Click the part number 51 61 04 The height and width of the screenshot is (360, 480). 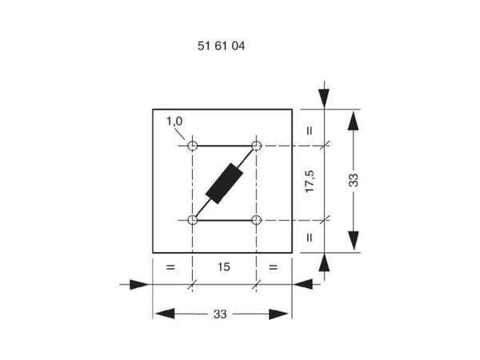(221, 46)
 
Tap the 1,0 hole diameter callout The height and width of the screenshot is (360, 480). (174, 122)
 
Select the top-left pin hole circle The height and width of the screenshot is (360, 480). (192, 146)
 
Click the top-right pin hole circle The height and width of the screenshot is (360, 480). (256, 146)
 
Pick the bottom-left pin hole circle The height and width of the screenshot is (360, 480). (192, 220)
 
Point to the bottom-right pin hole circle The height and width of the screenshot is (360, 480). (256, 220)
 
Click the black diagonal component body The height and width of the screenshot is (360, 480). (224, 183)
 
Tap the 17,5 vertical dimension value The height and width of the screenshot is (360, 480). (310, 182)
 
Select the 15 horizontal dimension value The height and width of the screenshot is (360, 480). (224, 267)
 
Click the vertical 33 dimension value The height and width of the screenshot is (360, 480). (354, 180)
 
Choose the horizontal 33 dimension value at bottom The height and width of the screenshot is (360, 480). (220, 314)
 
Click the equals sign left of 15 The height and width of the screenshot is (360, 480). (170, 267)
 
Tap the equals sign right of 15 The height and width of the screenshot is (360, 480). (273, 267)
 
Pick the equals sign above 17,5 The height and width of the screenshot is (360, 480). (310, 130)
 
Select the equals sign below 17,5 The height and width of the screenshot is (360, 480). (310, 238)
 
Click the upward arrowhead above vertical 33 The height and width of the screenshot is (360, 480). (354, 122)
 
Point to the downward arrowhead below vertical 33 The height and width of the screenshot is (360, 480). (354, 241)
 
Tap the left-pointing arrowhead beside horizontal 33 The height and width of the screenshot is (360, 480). (165, 314)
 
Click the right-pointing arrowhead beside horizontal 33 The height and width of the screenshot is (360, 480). (278, 314)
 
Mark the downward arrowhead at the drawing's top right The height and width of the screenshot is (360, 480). (324, 98)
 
